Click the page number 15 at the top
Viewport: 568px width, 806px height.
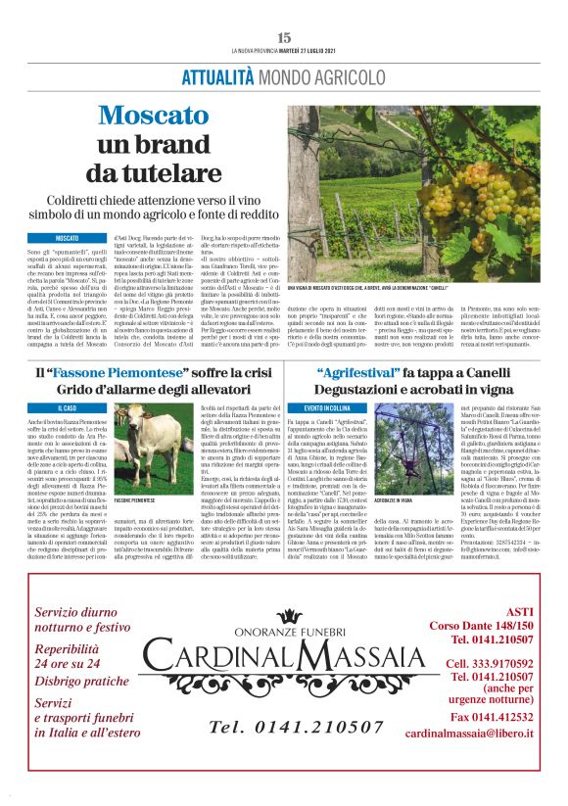coord(284,37)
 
